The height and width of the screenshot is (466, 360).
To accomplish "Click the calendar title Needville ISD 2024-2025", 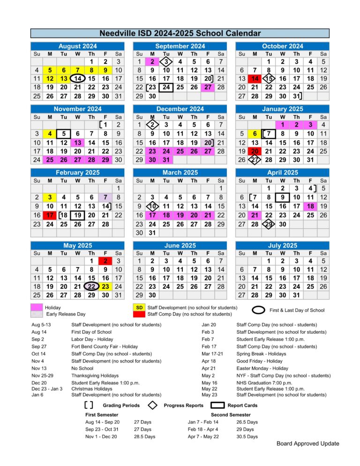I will (180, 33).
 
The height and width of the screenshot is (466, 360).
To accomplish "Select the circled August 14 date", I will (78, 78).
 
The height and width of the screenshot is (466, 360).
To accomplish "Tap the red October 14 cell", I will (255, 78).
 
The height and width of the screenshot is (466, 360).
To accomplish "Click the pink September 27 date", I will (208, 87).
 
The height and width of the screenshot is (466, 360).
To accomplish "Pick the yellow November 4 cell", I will (50, 134).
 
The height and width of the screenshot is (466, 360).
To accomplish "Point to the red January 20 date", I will (255, 151).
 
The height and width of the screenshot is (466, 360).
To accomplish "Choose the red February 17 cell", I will (50, 215).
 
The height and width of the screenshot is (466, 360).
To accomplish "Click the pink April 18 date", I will (310, 206).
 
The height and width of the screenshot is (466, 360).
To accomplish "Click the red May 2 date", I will (105, 261).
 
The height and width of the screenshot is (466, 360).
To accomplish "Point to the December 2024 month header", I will (180, 109).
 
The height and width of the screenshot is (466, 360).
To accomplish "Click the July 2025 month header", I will (282, 245).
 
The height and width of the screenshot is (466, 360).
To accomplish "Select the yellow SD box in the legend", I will (139, 307).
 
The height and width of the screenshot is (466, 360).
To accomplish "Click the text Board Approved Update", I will (307, 443).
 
